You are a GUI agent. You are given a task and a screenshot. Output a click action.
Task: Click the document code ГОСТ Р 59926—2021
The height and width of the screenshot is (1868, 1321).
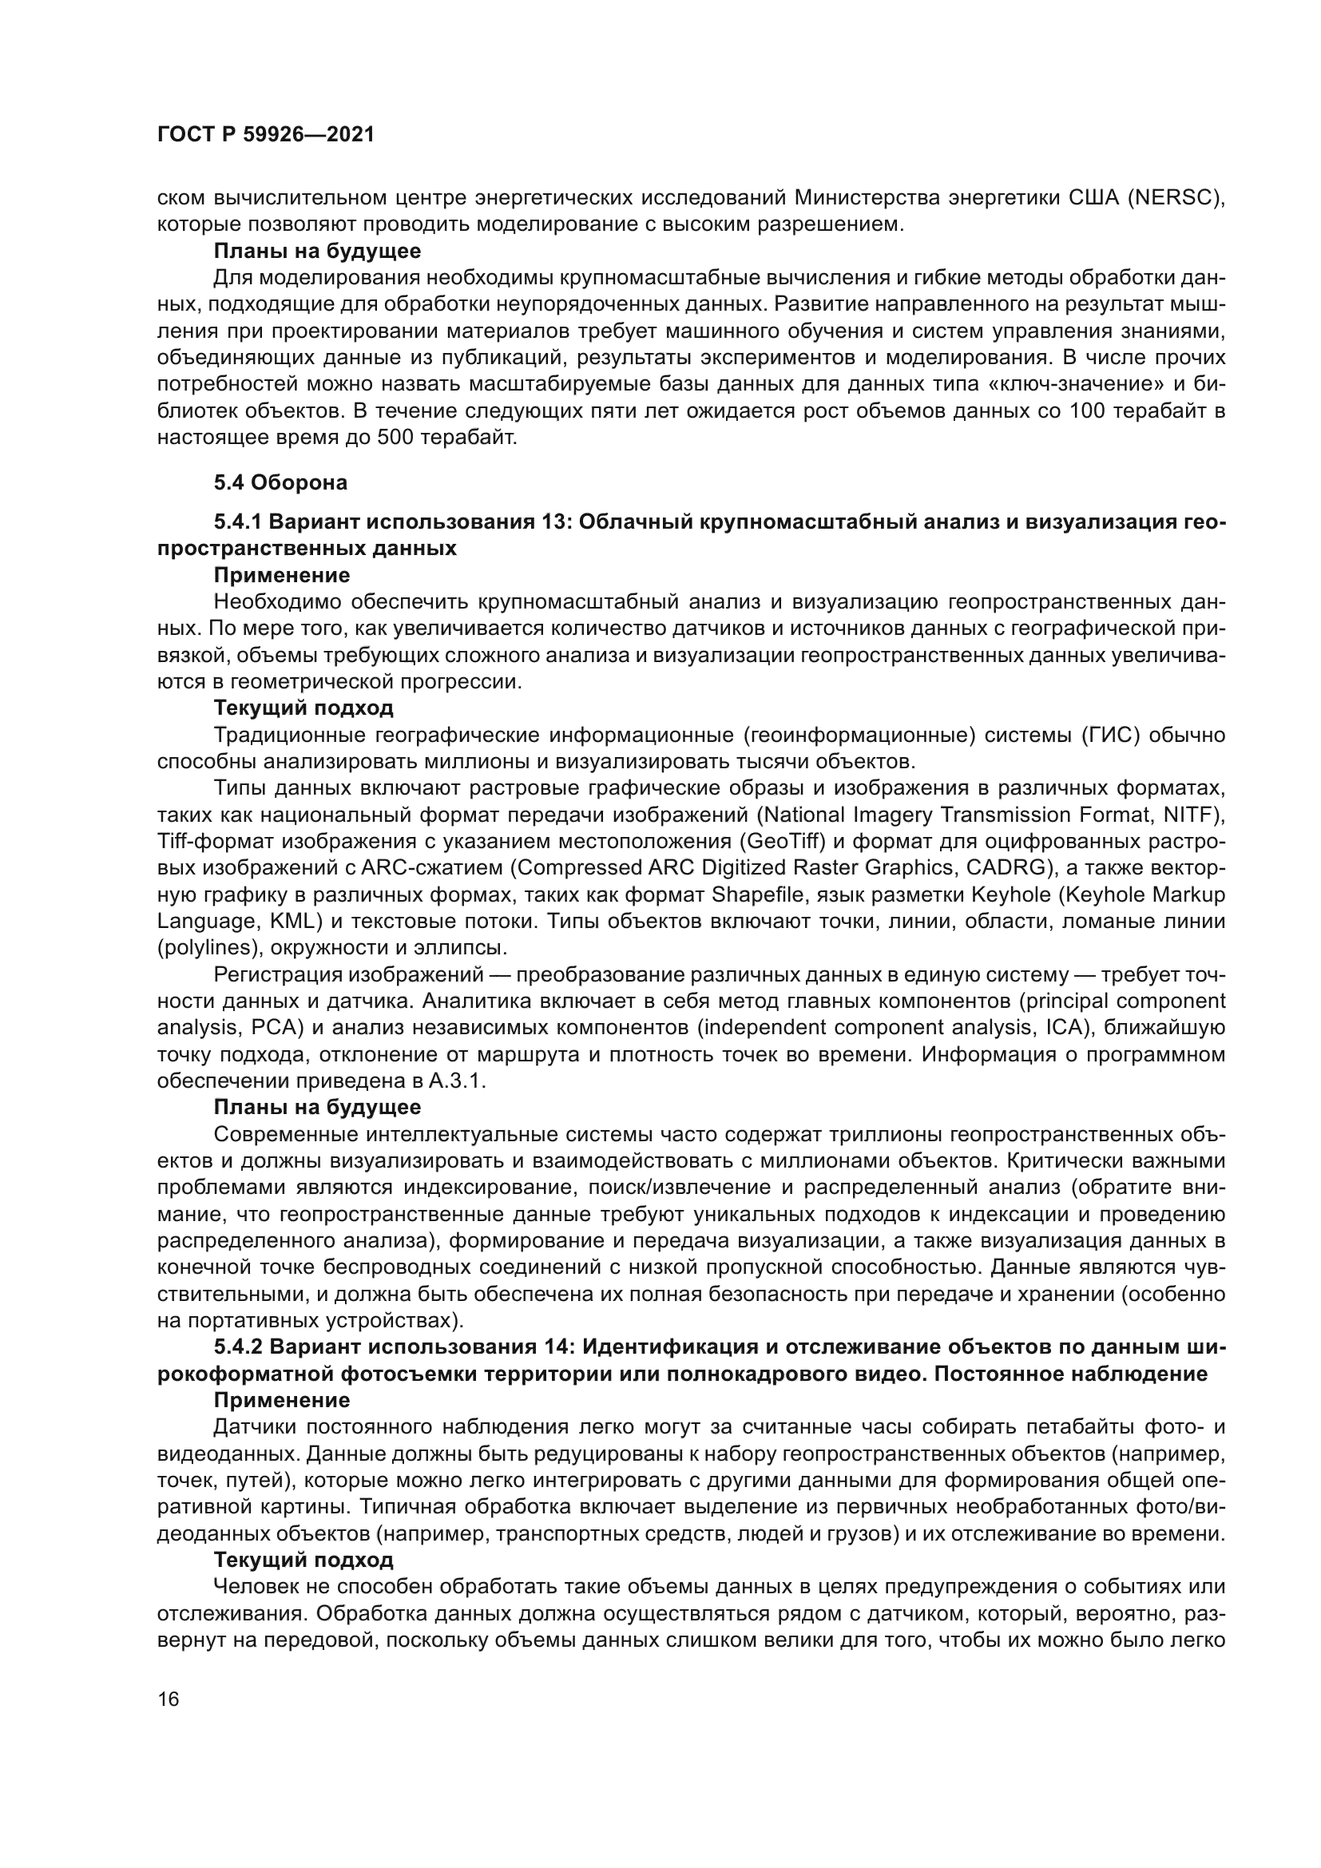265,135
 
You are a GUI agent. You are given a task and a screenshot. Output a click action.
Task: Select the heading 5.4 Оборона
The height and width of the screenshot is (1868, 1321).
280,482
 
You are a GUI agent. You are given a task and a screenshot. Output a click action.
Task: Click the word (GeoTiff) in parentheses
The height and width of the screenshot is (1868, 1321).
784,841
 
